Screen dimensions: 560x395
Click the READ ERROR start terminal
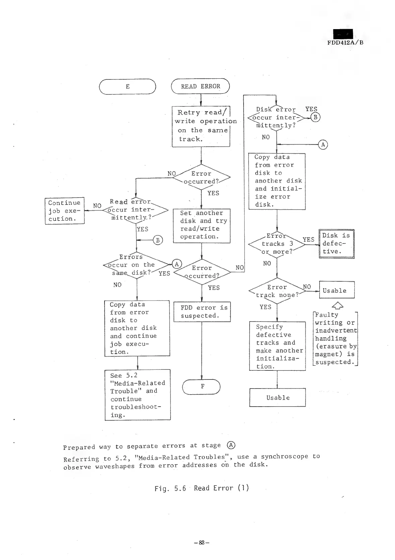coord(200,86)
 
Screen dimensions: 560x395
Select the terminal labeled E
coord(128,86)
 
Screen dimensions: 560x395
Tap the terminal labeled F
coord(201,387)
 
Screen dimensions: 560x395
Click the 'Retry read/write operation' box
coord(201,126)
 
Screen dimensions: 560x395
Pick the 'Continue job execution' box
coord(65,211)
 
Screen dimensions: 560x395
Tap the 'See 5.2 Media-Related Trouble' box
coord(137,395)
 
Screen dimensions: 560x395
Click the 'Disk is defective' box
coord(336,244)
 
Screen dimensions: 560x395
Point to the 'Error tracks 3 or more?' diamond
coord(277,244)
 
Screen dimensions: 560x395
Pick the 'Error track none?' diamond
coord(277,291)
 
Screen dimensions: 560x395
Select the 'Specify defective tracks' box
coord(277,346)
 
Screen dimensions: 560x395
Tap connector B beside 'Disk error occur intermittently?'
coord(316,117)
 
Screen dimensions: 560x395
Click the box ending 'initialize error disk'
coord(277,181)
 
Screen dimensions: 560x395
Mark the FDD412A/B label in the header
coord(345,43)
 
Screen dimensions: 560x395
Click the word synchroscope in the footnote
coord(284,457)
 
